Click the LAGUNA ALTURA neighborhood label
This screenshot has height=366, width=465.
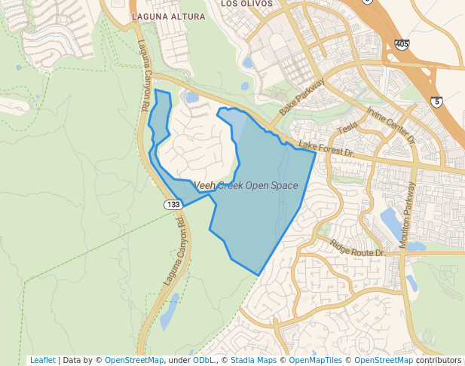(167, 16)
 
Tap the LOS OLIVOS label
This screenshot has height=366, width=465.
(243, 3)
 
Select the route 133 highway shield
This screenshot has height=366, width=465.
(173, 205)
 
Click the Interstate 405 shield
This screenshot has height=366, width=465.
(402, 45)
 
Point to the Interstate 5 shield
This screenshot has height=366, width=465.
(436, 101)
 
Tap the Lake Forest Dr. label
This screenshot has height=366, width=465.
(326, 148)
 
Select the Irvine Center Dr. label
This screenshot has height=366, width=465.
(391, 125)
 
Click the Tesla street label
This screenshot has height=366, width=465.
(347, 129)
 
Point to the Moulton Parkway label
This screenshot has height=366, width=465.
(408, 215)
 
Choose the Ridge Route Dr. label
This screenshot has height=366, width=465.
(357, 249)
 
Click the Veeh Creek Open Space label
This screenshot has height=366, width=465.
(246, 185)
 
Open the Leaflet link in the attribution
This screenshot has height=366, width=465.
(42, 360)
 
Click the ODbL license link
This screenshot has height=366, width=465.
(203, 360)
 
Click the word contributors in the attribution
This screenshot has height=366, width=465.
(439, 360)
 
